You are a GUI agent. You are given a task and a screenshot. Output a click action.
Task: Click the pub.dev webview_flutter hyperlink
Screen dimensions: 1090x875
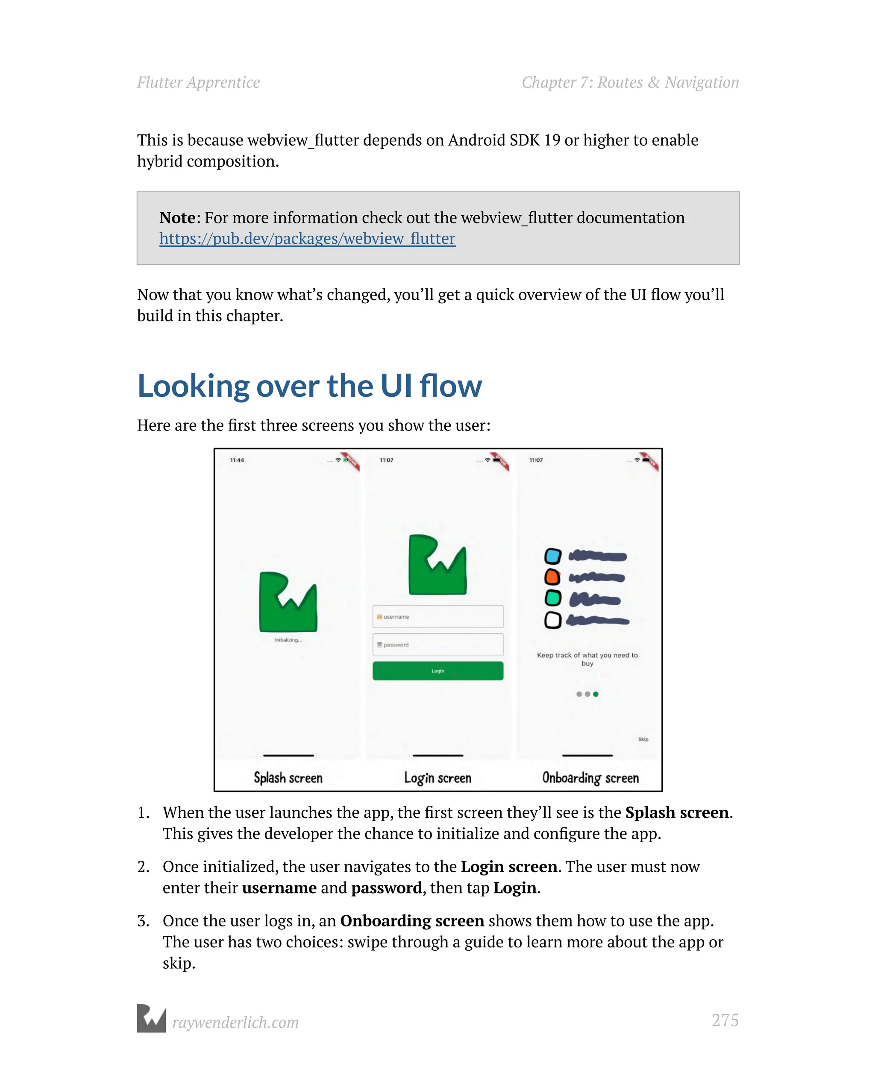pos(307,239)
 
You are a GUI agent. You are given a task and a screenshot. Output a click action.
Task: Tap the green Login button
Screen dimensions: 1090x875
pos(437,671)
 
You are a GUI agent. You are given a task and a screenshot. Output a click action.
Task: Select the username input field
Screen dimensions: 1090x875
pos(437,617)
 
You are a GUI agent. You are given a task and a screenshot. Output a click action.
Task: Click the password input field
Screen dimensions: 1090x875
pos(437,645)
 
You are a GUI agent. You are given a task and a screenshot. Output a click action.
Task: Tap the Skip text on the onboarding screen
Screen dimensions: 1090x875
pos(643,739)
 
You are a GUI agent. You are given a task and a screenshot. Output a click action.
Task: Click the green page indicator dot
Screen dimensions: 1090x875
pos(596,694)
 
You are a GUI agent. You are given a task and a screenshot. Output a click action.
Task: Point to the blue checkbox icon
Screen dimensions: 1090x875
pos(552,556)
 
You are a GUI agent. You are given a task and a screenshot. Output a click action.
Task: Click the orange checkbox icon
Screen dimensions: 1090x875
pos(552,577)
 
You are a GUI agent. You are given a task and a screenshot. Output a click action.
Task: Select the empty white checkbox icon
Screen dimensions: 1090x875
pos(552,620)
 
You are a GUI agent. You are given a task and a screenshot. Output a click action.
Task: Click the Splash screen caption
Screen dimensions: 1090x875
pos(288,777)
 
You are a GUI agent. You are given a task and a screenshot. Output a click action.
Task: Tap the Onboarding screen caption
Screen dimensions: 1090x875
pos(590,777)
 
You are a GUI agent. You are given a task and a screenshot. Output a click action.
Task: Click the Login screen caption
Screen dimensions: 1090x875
pos(437,777)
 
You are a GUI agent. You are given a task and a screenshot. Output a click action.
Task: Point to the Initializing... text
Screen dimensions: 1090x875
pos(288,640)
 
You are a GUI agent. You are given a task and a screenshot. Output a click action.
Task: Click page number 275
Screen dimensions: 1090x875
pos(725,1020)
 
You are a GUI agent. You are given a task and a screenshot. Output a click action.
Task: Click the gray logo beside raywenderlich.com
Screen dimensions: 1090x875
pos(151,1018)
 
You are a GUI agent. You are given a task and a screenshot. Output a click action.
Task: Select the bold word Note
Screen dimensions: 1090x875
pos(177,218)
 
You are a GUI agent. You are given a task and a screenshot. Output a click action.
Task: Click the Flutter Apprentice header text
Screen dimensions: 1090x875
pos(198,82)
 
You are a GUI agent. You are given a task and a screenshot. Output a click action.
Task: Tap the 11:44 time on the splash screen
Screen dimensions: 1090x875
pos(237,460)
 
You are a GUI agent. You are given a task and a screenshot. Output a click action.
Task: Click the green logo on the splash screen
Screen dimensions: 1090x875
pos(288,602)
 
